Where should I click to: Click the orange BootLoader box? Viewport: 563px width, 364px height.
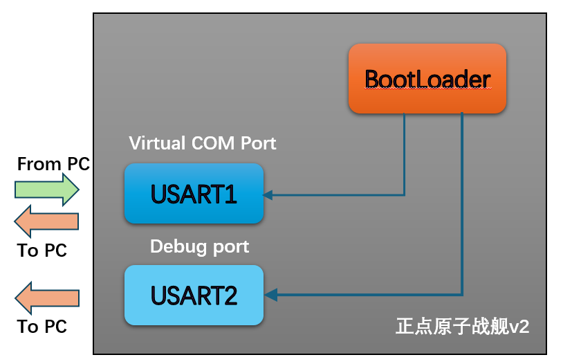(x=427, y=78)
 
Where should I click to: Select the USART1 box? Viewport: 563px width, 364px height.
(x=194, y=194)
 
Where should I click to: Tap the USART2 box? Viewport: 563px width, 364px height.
(x=194, y=295)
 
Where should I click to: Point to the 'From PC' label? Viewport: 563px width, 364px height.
(x=53, y=164)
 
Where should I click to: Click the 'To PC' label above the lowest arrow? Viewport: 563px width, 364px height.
(x=41, y=251)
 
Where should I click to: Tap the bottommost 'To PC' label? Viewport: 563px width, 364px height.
(x=41, y=327)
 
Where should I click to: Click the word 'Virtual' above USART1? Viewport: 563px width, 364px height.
(x=157, y=143)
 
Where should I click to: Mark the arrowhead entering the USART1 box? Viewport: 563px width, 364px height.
(x=268, y=194)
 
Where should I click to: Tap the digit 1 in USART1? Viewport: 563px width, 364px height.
(x=230, y=194)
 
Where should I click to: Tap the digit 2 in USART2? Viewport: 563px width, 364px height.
(x=230, y=296)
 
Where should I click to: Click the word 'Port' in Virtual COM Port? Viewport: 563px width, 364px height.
(x=259, y=143)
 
